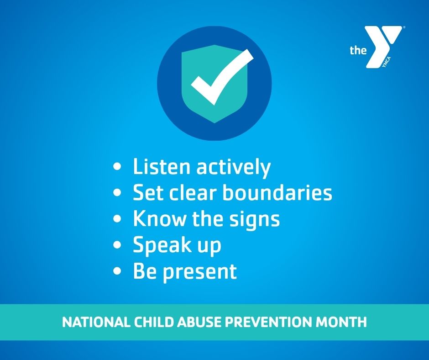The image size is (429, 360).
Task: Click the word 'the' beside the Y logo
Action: pos(358,50)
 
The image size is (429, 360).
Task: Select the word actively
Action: pos(233,167)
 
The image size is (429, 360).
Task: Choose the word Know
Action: pos(159,218)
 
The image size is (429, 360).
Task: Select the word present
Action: pos(200,272)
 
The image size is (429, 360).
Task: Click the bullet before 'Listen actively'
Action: pos(117,167)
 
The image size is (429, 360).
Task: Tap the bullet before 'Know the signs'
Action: pos(117,219)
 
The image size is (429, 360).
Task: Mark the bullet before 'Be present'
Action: pos(117,270)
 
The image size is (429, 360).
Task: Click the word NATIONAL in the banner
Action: pos(96,322)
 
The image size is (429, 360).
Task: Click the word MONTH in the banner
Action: pos(341,322)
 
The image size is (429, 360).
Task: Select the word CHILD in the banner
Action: pos(153,322)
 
